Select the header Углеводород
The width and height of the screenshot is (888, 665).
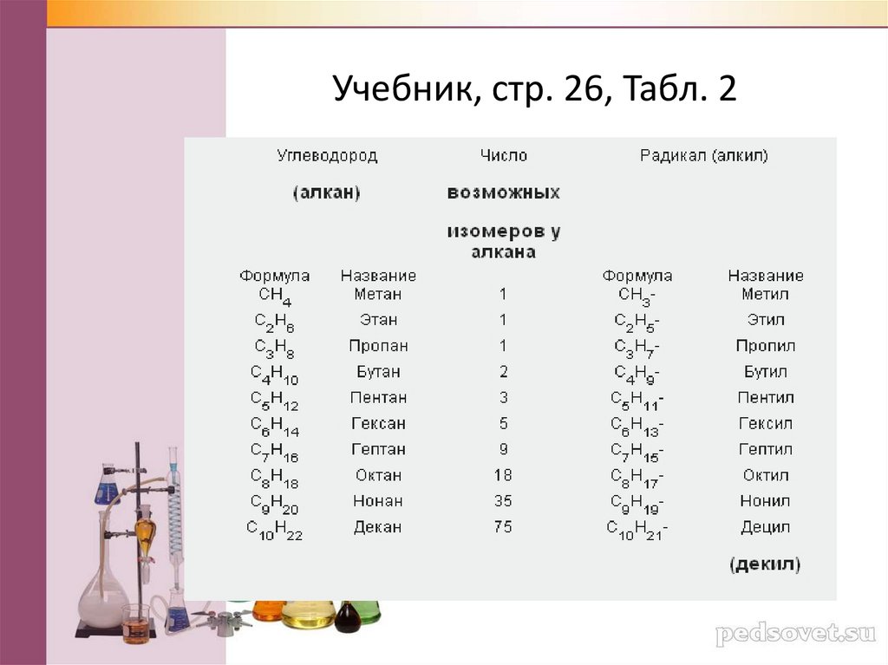pyautogui.click(x=327, y=156)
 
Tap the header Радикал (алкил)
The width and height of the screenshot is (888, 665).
pyautogui.click(x=704, y=156)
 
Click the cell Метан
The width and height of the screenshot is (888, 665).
pyautogui.click(x=378, y=294)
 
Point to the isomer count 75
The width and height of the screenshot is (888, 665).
pyautogui.click(x=503, y=527)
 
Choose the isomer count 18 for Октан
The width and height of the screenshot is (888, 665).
pyautogui.click(x=503, y=475)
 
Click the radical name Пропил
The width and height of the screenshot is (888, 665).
pyautogui.click(x=765, y=346)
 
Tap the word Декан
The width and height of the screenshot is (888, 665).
pyautogui.click(x=377, y=527)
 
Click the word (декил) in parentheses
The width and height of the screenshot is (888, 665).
pyautogui.click(x=765, y=565)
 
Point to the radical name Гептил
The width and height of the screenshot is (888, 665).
pyautogui.click(x=765, y=449)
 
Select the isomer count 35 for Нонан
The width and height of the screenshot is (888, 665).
pyautogui.click(x=503, y=501)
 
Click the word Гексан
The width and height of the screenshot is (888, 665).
pyautogui.click(x=378, y=424)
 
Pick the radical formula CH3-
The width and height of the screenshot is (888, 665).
pyautogui.click(x=637, y=297)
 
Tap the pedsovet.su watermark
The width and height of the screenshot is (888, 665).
pyautogui.click(x=795, y=634)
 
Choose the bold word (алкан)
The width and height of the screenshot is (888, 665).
pyautogui.click(x=327, y=193)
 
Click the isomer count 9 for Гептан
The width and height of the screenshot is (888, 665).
pyautogui.click(x=503, y=449)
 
